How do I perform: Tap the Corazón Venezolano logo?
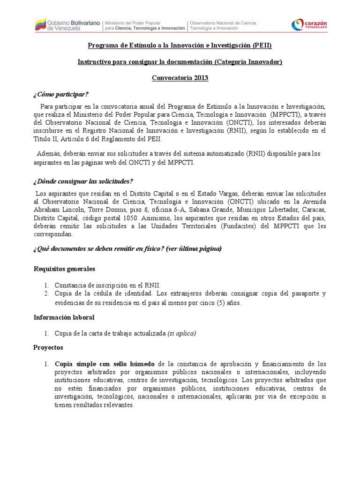pos(309,25)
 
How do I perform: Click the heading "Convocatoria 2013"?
pos(180,78)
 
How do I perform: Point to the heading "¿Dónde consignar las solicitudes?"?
pos(83,181)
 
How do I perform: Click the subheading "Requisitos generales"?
pos(64,269)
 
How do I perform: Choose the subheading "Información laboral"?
pos(64,317)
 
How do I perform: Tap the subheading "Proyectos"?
pos(48,348)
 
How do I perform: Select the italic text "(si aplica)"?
pos(182,333)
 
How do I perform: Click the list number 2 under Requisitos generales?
pos(47,293)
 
